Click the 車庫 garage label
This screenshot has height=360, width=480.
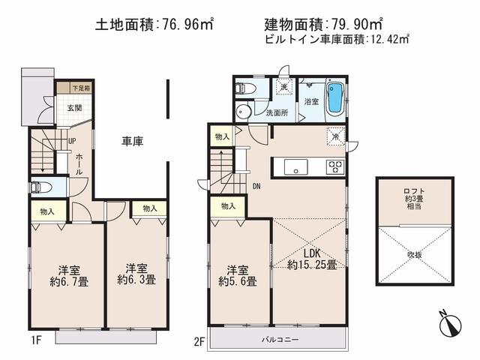[133, 140]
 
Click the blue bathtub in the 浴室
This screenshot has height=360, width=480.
[335, 98]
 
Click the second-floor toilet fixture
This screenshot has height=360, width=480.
[244, 88]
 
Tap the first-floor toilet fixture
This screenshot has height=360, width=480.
[38, 187]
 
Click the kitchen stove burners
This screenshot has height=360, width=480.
[334, 166]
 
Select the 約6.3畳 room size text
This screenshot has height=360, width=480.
[136, 280]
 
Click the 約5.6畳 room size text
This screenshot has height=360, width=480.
[238, 282]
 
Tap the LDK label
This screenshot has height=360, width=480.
[310, 252]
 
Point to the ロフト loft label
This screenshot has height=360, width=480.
[415, 191]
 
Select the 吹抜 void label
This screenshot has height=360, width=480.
[415, 253]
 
